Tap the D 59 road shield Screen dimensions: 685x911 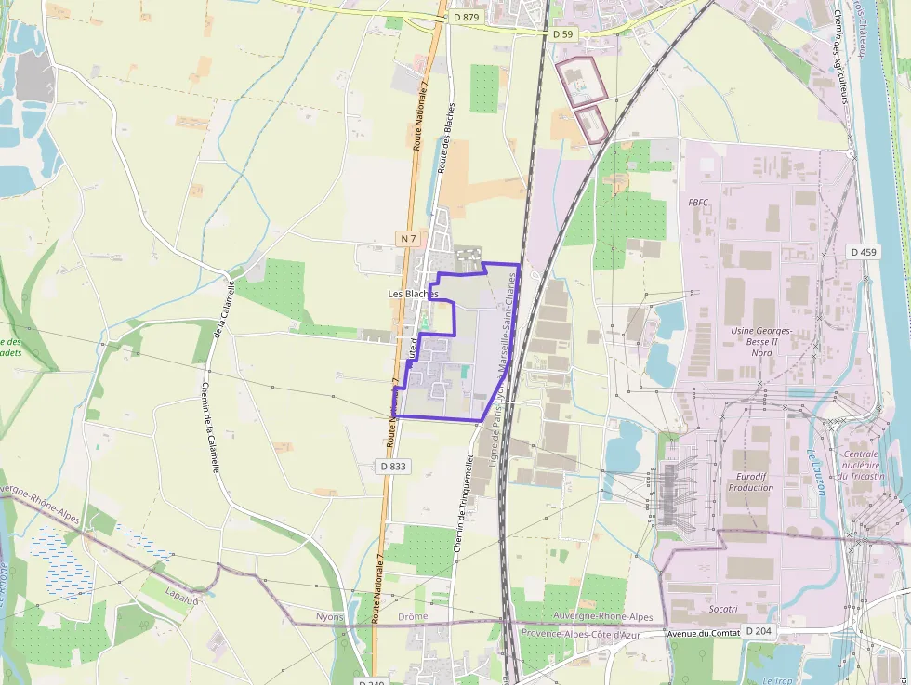pos(563,34)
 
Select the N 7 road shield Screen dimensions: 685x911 pos(407,239)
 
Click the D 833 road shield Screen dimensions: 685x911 pos(393,466)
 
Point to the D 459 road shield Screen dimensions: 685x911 pos(864,252)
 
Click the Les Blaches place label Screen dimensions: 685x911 pos(413,294)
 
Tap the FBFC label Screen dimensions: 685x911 pos(698,202)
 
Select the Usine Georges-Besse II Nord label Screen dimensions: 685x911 pos(760,341)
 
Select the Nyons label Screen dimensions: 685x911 pos(329,616)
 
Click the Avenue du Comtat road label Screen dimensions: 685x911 pos(704,633)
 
